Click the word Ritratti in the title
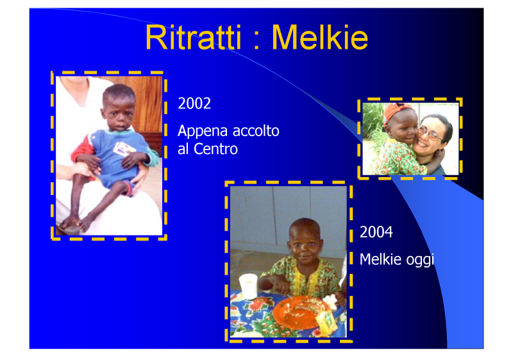tap(193, 37)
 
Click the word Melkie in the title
tap(320, 37)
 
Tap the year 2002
tap(194, 103)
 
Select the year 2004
tap(376, 232)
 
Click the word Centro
tap(215, 150)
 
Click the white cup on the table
tap(249, 286)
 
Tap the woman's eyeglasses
tap(431, 133)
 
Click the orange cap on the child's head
tap(397, 112)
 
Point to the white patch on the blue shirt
tap(124, 149)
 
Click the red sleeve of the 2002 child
tap(83, 149)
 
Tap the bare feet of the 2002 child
tap(76, 223)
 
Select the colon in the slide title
tap(256, 42)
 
